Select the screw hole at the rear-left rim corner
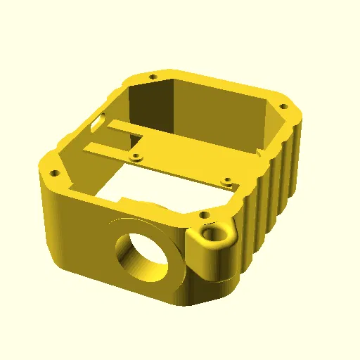pyautogui.click(x=152, y=76)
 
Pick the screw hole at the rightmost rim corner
pyautogui.click(x=284, y=107)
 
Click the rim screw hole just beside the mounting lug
pyautogui.click(x=203, y=213)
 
